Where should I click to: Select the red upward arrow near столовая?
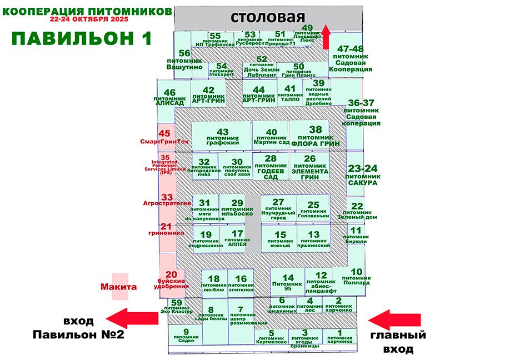tap(327, 39)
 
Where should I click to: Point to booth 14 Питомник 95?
tap(287, 282)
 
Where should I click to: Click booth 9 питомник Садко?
tap(186, 335)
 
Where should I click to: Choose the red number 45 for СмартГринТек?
tap(164, 133)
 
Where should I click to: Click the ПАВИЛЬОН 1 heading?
tap(81, 38)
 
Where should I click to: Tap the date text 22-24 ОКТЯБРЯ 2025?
tap(89, 19)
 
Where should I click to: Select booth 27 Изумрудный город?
tap(278, 209)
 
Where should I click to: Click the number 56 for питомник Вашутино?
tap(184, 53)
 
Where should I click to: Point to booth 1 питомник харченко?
tap(341, 337)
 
